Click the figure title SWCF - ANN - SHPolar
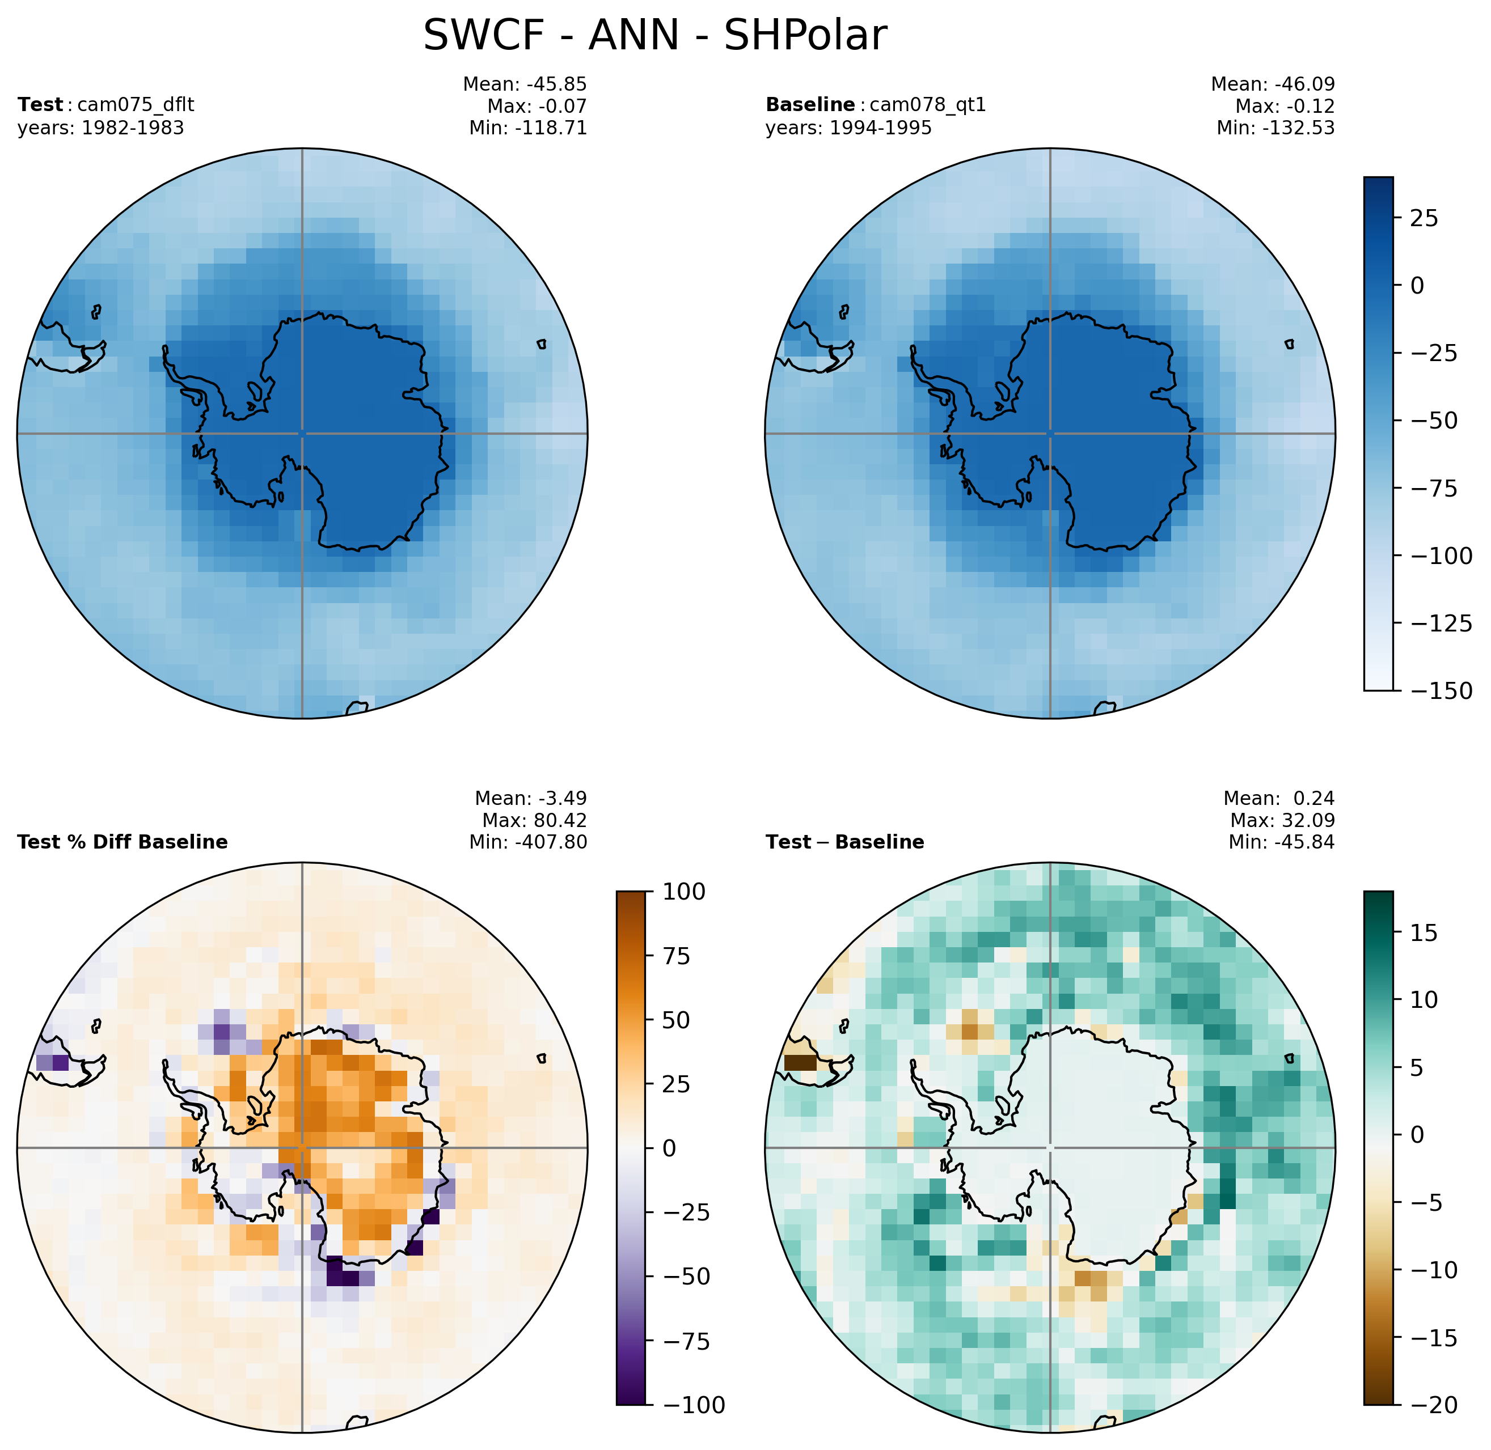(x=654, y=36)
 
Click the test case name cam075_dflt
(x=136, y=105)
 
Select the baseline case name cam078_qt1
(x=927, y=105)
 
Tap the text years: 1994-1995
(x=849, y=128)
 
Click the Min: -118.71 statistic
(x=528, y=128)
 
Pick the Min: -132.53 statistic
(x=1275, y=128)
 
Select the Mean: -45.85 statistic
(x=525, y=84)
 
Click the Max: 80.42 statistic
(x=534, y=820)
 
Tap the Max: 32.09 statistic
(x=1282, y=820)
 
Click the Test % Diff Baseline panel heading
(x=123, y=842)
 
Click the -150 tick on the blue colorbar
(x=1442, y=691)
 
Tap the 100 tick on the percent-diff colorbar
(x=683, y=891)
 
